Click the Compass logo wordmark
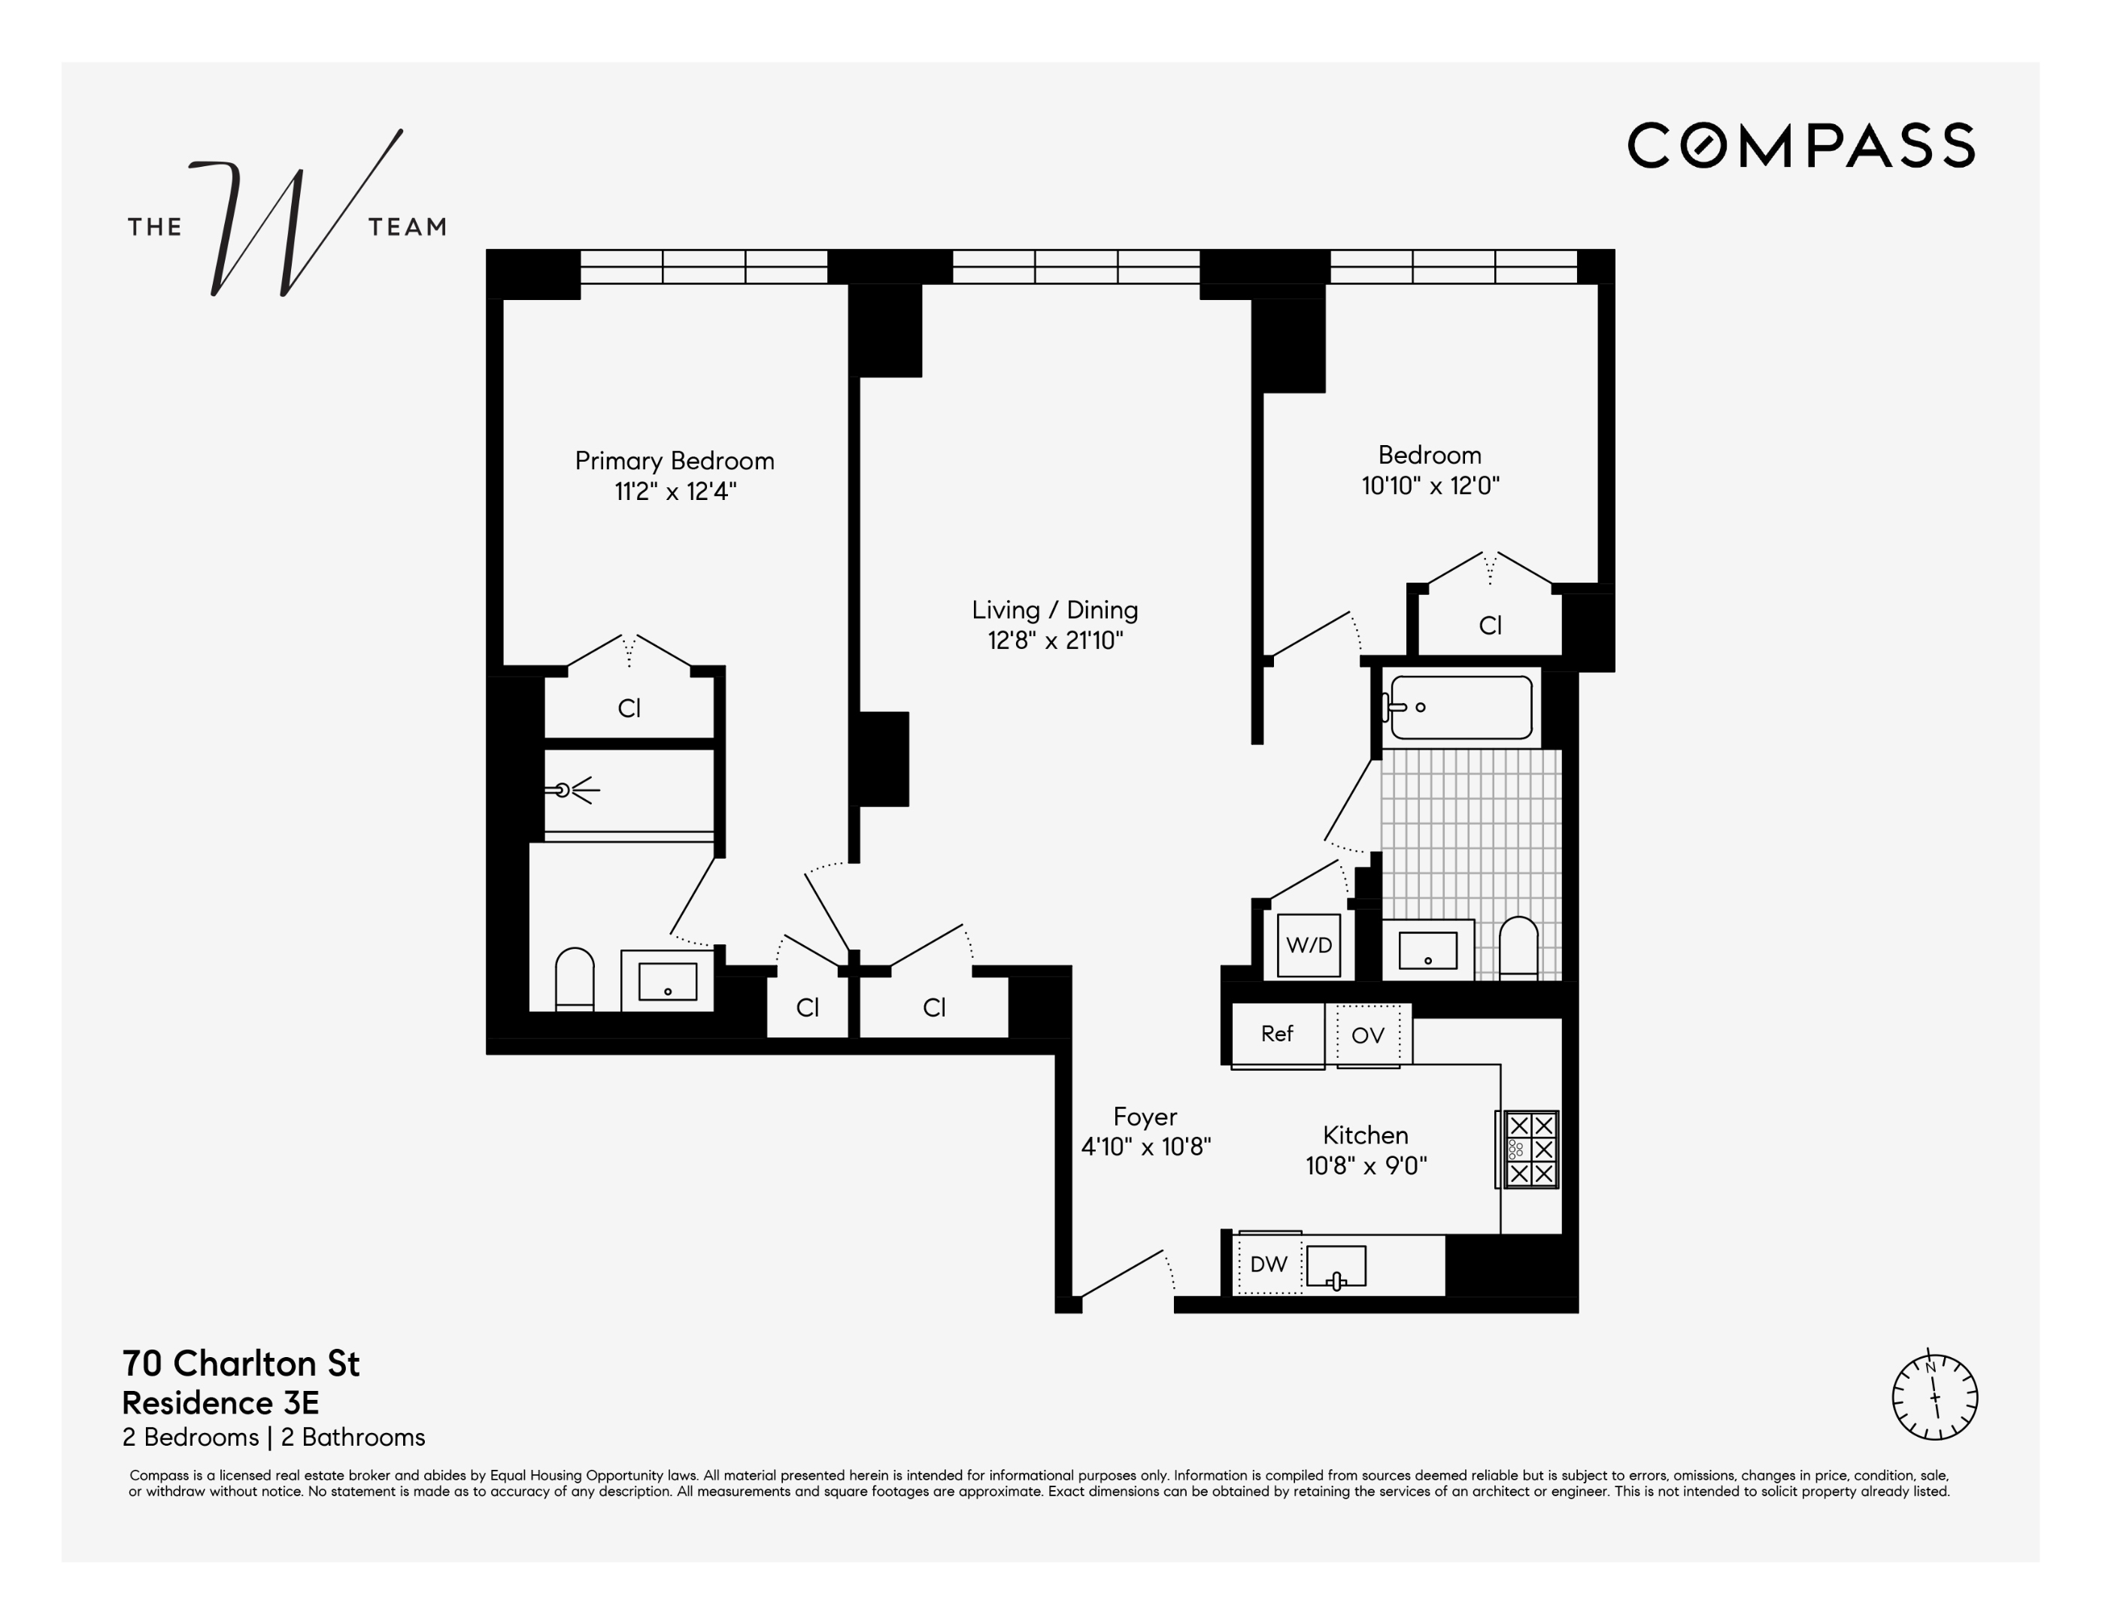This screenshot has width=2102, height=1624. click(x=1800, y=145)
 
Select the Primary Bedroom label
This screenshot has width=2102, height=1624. click(x=674, y=461)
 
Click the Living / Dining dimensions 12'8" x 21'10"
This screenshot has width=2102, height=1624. click(x=1055, y=641)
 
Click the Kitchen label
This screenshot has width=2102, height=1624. click(x=1365, y=1135)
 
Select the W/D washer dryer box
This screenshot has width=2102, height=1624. click(x=1308, y=945)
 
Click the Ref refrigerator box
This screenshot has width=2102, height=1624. click(x=1276, y=1035)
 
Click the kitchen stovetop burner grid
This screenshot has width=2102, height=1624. click(x=1530, y=1150)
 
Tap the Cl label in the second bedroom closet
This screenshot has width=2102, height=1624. click(x=1489, y=626)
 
